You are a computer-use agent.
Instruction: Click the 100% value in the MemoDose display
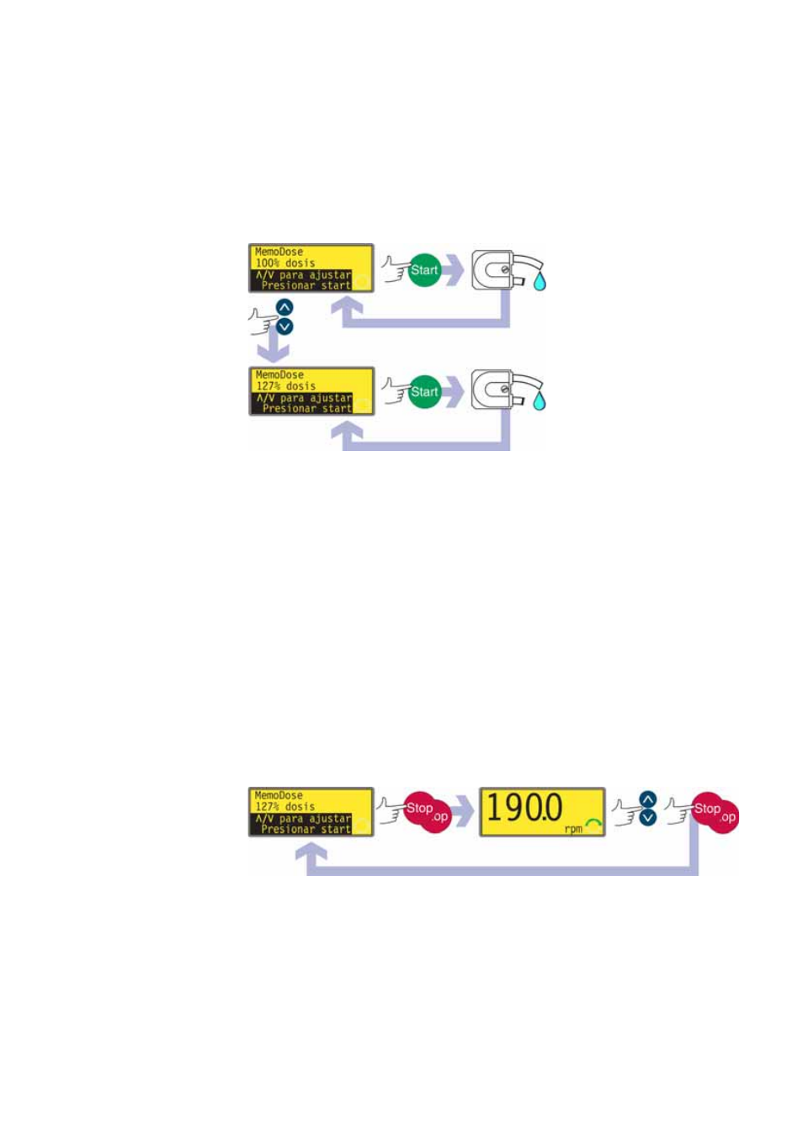click(268, 263)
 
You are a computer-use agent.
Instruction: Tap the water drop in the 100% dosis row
click(540, 280)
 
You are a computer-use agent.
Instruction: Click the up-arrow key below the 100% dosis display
click(285, 308)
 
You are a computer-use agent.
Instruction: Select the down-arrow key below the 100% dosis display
click(285, 326)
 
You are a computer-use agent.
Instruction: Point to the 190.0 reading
click(524, 808)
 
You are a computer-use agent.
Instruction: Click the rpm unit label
click(573, 829)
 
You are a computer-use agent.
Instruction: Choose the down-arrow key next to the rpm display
click(647, 817)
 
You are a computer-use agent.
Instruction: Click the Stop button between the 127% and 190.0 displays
click(420, 809)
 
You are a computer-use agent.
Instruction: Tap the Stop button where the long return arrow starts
click(708, 809)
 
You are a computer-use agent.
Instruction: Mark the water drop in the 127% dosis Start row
click(540, 401)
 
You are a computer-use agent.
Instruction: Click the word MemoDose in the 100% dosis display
click(279, 252)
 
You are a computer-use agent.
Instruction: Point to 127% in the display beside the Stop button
click(268, 806)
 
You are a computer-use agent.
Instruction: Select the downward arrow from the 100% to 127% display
click(272, 348)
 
